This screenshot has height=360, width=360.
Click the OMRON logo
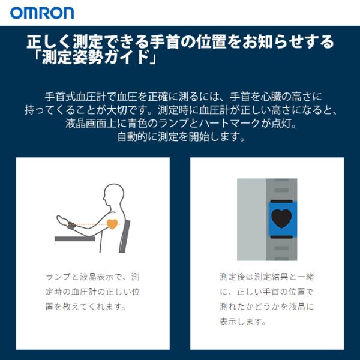[42, 13]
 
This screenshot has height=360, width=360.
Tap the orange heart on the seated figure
[112, 224]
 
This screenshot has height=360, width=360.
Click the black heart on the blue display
[281, 218]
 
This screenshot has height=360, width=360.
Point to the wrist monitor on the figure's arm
[71, 225]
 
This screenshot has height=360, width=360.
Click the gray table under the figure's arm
[75, 239]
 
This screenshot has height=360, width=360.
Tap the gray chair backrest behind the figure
[125, 236]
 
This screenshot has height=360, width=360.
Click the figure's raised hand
[62, 220]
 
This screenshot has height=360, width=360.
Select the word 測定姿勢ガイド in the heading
[95, 58]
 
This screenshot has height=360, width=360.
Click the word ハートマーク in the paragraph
[229, 123]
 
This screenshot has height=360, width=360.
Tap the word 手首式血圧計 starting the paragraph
[76, 97]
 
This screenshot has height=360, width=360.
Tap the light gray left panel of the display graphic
[251, 219]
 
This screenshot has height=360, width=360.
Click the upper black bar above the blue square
[281, 202]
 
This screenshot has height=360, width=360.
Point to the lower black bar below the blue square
[281, 237]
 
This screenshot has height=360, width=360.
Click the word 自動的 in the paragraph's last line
[133, 137]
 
